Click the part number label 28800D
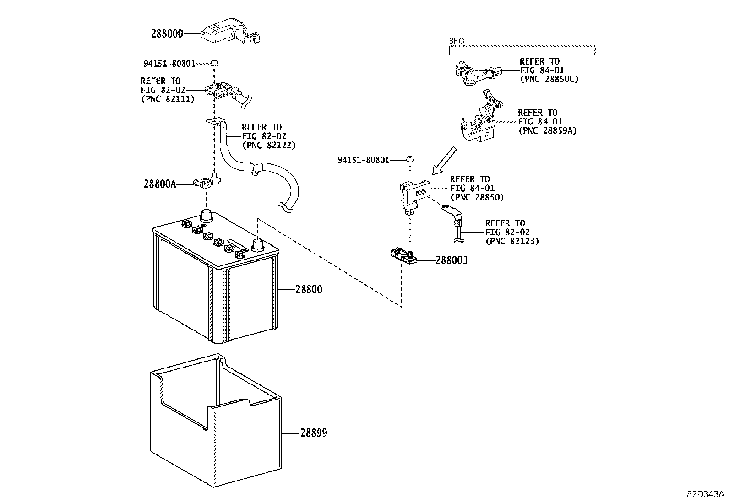pos(167,33)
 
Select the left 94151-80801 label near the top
pos(169,64)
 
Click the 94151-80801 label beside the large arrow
pos(363,160)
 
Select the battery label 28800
pos(309,289)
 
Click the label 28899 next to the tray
pos(314,433)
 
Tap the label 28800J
pos(451,260)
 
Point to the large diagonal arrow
pos(444,160)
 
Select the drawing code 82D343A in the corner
pos(705,494)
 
